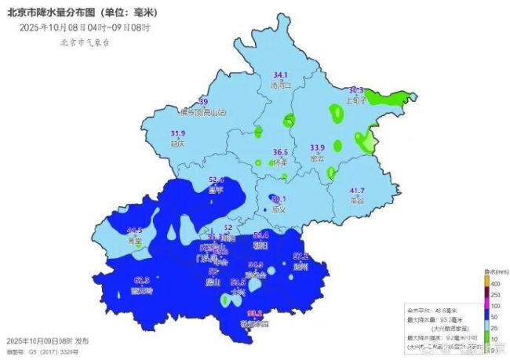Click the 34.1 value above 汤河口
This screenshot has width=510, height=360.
coord(280,75)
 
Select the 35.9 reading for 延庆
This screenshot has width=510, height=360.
coord(178,133)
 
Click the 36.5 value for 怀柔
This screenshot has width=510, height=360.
coord(280,152)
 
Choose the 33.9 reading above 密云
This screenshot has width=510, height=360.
coord(317,147)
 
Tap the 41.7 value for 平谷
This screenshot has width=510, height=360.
coord(357,191)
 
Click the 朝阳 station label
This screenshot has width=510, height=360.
coord(261,245)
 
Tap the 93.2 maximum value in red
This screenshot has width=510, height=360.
coord(254,313)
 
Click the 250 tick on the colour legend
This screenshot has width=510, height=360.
coord(495,293)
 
